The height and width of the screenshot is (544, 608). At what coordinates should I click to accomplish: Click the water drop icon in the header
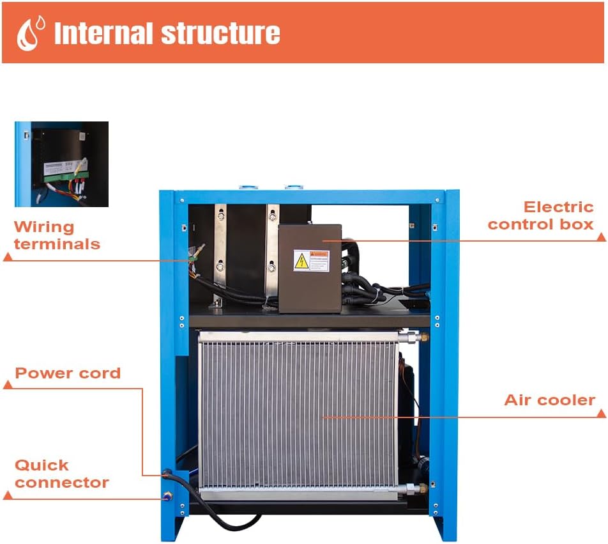pyautogui.click(x=29, y=33)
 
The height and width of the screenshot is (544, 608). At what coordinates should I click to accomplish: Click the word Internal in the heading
pyautogui.click(x=102, y=33)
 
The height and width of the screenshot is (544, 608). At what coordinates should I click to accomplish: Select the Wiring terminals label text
pyautogui.click(x=57, y=235)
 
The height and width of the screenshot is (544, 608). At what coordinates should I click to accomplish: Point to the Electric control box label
pyautogui.click(x=541, y=215)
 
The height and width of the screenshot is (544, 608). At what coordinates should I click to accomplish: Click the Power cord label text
pyautogui.click(x=68, y=373)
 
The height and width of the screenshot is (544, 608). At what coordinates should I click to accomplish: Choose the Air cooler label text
pyautogui.click(x=549, y=400)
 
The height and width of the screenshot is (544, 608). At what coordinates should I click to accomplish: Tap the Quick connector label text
pyautogui.click(x=61, y=474)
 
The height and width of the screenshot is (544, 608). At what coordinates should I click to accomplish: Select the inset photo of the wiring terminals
pyautogui.click(x=62, y=164)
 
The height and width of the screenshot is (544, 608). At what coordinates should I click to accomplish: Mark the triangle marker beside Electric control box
pyautogui.click(x=601, y=237)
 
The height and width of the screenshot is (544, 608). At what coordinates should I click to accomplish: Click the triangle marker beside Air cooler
pyautogui.click(x=601, y=414)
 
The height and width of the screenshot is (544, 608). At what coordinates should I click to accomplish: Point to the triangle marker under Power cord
pyautogui.click(x=8, y=385)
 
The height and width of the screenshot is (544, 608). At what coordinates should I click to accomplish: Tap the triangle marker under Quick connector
pyautogui.click(x=8, y=495)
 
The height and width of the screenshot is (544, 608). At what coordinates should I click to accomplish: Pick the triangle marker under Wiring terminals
pyautogui.click(x=8, y=257)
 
